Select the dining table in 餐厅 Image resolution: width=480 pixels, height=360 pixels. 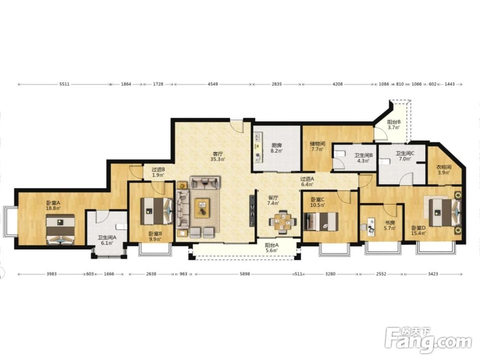click(x=283, y=222)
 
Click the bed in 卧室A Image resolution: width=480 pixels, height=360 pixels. click(x=60, y=229)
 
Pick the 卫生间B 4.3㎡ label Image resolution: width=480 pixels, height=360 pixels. click(x=363, y=158)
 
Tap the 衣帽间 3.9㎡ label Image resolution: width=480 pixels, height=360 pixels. click(x=444, y=170)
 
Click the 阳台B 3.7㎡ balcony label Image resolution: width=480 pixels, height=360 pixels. click(x=394, y=125)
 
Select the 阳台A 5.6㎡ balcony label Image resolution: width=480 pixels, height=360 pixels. click(x=272, y=248)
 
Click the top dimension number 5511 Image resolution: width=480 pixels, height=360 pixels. click(x=64, y=84)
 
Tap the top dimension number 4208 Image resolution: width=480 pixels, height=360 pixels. click(x=337, y=84)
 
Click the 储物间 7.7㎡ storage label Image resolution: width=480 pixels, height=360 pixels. click(x=317, y=146)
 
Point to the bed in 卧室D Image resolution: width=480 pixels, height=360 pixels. click(x=444, y=212)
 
